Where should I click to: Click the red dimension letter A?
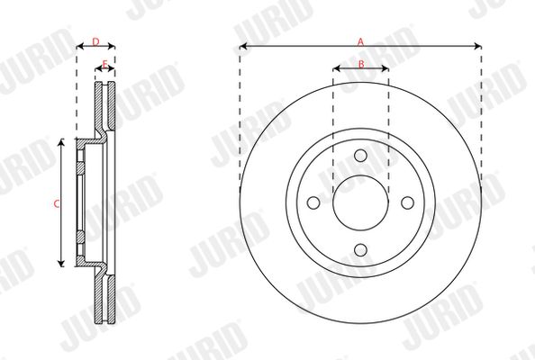point(360,42)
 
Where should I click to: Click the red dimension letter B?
point(361,64)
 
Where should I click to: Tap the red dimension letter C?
point(57,204)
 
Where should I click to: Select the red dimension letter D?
point(95,41)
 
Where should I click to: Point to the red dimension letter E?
point(105,64)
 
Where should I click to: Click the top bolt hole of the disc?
point(360,156)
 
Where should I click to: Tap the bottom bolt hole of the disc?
point(360,250)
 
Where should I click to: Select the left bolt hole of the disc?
point(313,202)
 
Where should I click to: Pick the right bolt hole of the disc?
point(408,202)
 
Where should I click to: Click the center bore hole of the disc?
point(360,202)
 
